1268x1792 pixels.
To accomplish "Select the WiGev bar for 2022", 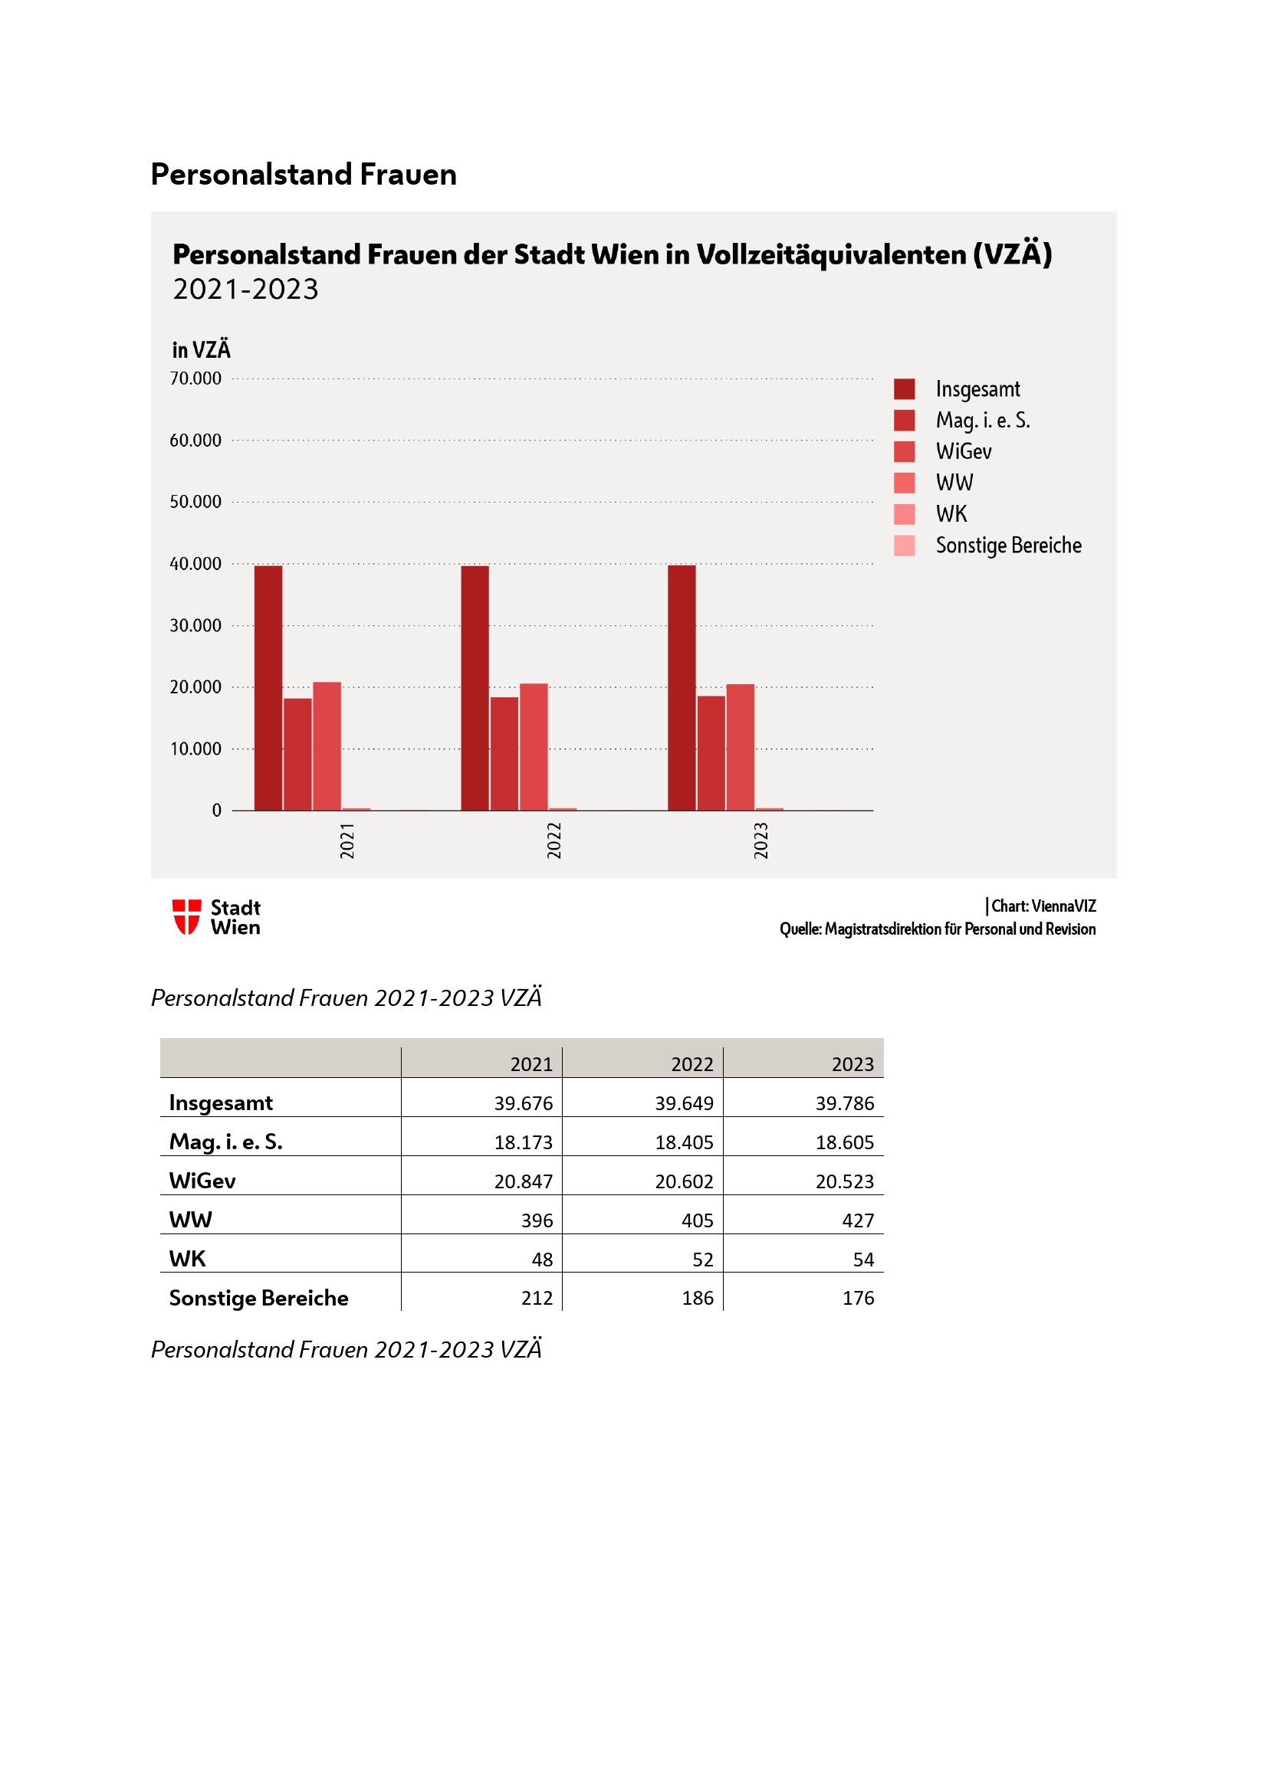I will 534,747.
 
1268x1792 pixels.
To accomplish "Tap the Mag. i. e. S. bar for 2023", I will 711,753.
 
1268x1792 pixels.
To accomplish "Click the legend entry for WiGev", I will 964,451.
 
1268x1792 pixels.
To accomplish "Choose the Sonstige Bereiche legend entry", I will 1008,545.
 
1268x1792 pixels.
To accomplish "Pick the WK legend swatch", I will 904,514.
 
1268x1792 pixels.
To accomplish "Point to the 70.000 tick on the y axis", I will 195,378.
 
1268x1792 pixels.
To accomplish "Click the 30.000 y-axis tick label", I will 195,625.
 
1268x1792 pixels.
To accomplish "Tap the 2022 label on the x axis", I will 554,840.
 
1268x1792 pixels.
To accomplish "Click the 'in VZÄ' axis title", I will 202,349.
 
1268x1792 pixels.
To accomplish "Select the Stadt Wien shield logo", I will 186,916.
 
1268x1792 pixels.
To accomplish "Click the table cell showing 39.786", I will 844,1102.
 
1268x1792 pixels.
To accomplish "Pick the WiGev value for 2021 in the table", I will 522,1181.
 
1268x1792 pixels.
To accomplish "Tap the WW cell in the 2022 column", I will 696,1220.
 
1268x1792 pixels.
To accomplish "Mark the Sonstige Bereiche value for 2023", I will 857,1297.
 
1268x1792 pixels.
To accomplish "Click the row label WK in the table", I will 187,1258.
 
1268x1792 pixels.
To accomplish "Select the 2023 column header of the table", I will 852,1064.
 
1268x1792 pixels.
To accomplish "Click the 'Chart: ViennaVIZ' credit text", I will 1043,906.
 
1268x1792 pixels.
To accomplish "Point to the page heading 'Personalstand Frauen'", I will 304,174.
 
